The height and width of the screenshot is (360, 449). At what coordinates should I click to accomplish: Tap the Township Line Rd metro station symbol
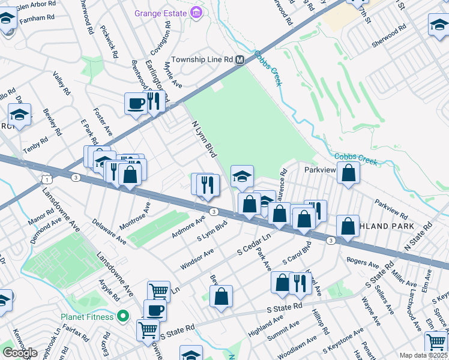coord(240,60)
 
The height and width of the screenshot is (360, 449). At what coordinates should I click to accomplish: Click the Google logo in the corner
coord(20,353)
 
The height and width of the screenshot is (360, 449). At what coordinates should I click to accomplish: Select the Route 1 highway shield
coord(46,179)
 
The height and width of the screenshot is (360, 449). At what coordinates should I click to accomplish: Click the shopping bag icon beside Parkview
coord(348,173)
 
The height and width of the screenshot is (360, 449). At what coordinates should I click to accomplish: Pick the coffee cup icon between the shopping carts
coord(155,310)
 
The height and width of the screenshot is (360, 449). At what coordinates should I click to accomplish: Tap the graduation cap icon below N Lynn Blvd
coord(242,176)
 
